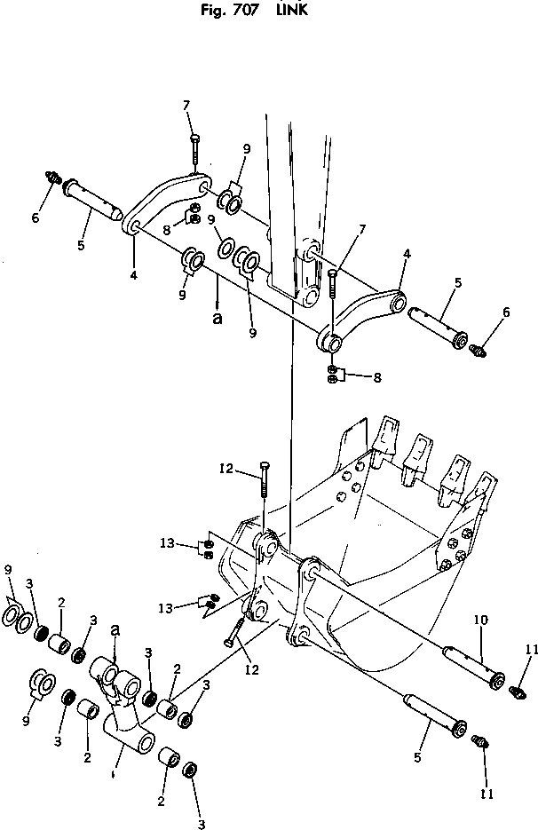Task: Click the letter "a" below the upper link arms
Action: (x=218, y=317)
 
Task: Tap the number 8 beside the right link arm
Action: (x=377, y=378)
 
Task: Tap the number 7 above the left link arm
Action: (x=187, y=106)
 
